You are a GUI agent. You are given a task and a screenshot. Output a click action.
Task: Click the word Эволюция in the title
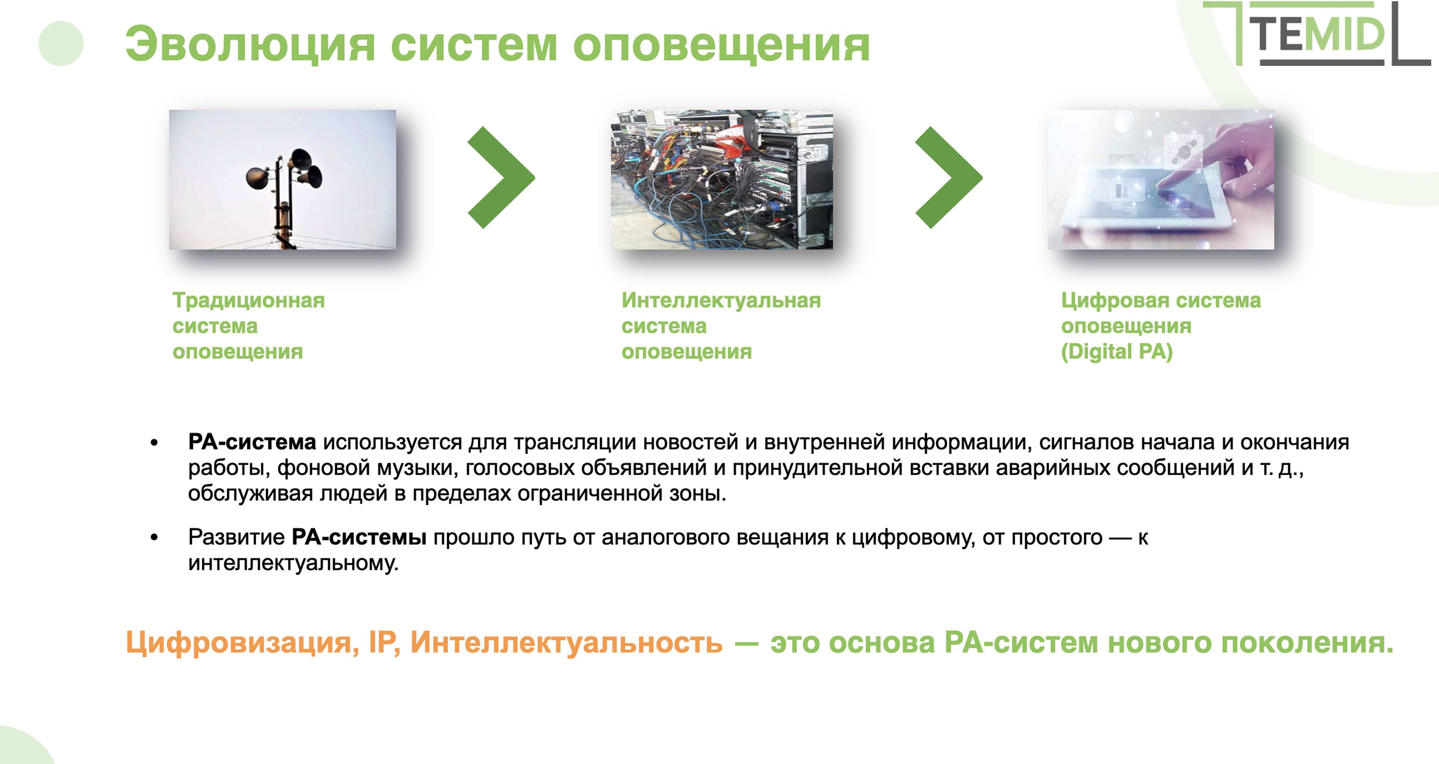pos(250,45)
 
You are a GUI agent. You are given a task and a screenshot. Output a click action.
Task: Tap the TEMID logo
pos(1317,34)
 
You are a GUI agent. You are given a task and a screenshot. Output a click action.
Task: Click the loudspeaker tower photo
pos(283,179)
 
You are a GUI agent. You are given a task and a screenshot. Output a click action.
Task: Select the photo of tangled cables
pos(722,179)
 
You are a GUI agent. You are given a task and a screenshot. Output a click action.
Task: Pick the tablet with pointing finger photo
pos(1161,179)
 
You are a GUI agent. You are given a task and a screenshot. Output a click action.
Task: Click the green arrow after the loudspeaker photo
pos(501,178)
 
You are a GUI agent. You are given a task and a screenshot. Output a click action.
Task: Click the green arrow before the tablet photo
pos(949,178)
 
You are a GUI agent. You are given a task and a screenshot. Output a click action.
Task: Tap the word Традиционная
pos(249,301)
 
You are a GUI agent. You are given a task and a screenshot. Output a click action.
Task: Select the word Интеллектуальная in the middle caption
pos(721,301)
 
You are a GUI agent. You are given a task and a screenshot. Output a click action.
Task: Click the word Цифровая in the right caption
pos(1115,301)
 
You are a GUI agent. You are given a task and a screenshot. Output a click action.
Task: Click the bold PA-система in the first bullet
pos(252,442)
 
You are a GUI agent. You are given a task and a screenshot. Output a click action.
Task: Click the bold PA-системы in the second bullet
pos(359,537)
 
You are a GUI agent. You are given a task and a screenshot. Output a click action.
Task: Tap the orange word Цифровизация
pos(242,643)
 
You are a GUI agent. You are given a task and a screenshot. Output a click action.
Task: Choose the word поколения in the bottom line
pos(1307,643)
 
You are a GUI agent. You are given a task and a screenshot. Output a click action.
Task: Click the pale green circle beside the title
pos(61,44)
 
